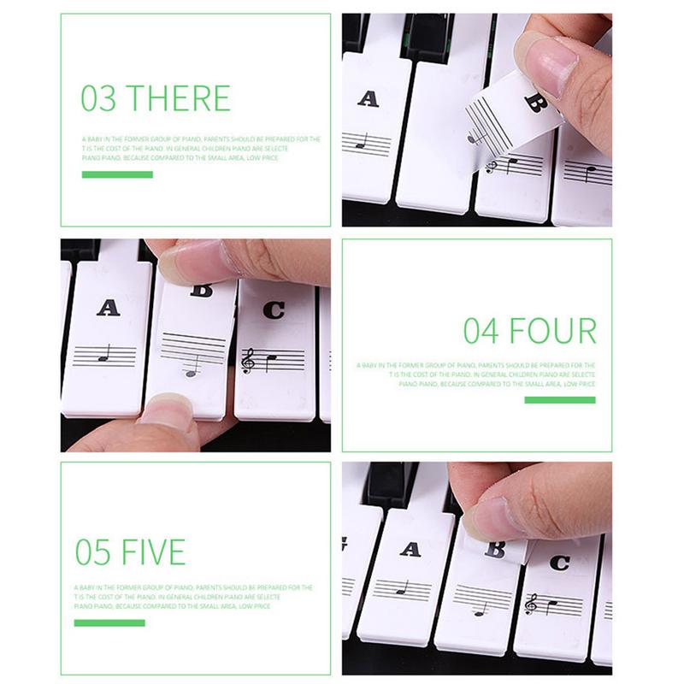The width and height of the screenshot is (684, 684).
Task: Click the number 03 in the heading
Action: pos(98,98)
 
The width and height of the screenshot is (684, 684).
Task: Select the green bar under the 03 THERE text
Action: pos(117,174)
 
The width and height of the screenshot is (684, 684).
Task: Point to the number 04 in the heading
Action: pos(481,330)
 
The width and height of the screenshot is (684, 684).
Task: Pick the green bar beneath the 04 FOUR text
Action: pos(559,400)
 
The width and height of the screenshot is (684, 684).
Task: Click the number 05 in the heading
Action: pos(93,552)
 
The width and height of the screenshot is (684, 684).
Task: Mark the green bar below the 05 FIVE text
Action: pos(109,622)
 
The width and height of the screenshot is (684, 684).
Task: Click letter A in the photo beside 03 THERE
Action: pos(369,98)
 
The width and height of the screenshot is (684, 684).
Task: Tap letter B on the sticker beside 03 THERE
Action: pos(534,104)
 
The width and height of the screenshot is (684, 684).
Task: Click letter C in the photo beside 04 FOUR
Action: pos(274,310)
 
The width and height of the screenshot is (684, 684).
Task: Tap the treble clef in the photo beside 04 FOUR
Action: pos(249,361)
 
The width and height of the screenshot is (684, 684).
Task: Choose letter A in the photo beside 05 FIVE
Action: pos(410,549)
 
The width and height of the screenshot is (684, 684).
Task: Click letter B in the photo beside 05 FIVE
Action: pos(495,550)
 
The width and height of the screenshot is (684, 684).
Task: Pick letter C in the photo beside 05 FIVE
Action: pos(559,563)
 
